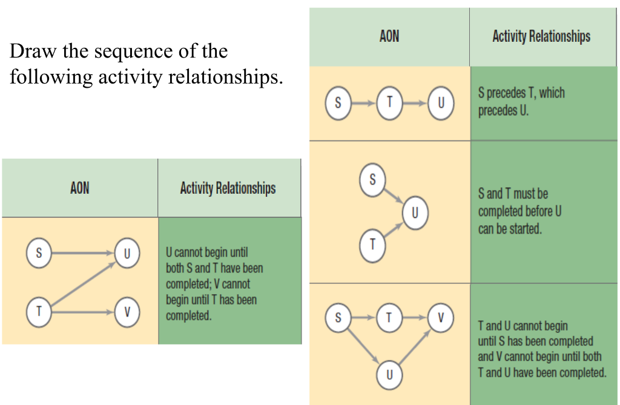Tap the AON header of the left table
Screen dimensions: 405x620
point(79,188)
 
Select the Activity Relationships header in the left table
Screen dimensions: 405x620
point(228,188)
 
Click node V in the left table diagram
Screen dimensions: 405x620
point(127,312)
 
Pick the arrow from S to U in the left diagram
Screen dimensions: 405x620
point(82,253)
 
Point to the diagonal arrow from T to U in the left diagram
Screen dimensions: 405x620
point(82,283)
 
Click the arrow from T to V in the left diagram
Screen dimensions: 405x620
point(82,312)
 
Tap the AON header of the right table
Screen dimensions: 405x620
point(389,36)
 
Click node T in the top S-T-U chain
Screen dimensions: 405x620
point(389,102)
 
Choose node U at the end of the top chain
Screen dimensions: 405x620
point(441,102)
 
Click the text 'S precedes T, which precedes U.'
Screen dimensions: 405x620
point(521,102)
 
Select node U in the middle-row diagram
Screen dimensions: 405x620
point(415,214)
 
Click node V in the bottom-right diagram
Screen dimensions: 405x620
point(441,317)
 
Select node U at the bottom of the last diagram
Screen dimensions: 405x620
point(389,375)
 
